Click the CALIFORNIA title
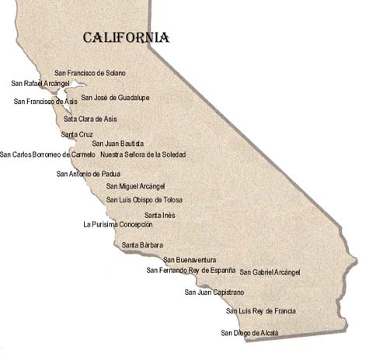pyautogui.click(x=126, y=37)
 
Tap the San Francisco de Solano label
pyautogui.click(x=90, y=73)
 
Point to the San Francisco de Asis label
pyautogui.click(x=46, y=101)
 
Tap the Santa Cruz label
pyautogui.click(x=77, y=134)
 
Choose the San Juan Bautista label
pyautogui.click(x=118, y=144)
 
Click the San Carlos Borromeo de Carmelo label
pyautogui.click(x=47, y=154)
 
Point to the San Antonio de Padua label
pyautogui.click(x=88, y=174)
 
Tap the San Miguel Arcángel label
pyautogui.click(x=136, y=187)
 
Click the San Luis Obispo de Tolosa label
pyautogui.click(x=144, y=200)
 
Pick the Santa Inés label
pyautogui.click(x=159, y=215)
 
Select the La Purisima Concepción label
pyautogui.click(x=118, y=224)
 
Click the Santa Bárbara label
pyautogui.click(x=142, y=245)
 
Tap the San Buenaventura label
pyautogui.click(x=190, y=260)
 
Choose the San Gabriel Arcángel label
pyautogui.click(x=270, y=272)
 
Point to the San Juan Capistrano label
pyautogui.click(x=214, y=292)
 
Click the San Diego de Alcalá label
pyautogui.click(x=249, y=333)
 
